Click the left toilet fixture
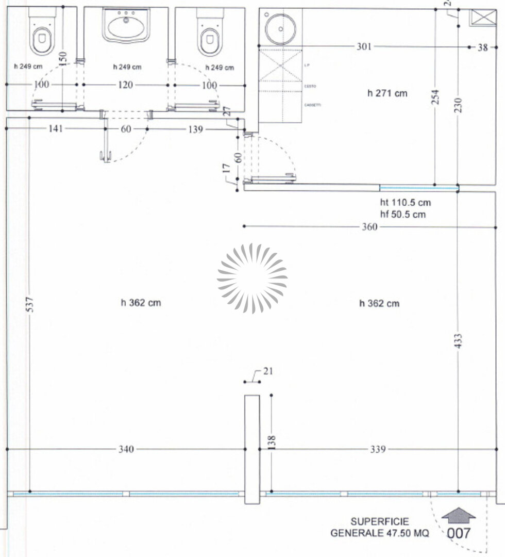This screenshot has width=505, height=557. (x=41, y=36)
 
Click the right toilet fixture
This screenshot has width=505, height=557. (x=209, y=36)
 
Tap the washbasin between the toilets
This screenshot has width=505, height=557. (x=126, y=26)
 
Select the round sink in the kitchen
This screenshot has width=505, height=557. (x=280, y=29)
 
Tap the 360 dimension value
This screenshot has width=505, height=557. (x=369, y=227)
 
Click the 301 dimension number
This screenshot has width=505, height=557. (x=363, y=47)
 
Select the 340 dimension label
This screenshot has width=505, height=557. (x=126, y=449)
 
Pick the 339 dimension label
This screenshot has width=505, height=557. (x=378, y=449)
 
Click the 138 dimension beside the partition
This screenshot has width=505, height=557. (x=272, y=441)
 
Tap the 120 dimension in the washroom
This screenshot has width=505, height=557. (x=126, y=85)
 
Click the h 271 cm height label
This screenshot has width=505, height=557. (x=387, y=93)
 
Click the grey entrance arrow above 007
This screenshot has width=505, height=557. (x=458, y=515)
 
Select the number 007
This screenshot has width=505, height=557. (x=458, y=533)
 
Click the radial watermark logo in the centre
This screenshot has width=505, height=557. (x=252, y=278)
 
